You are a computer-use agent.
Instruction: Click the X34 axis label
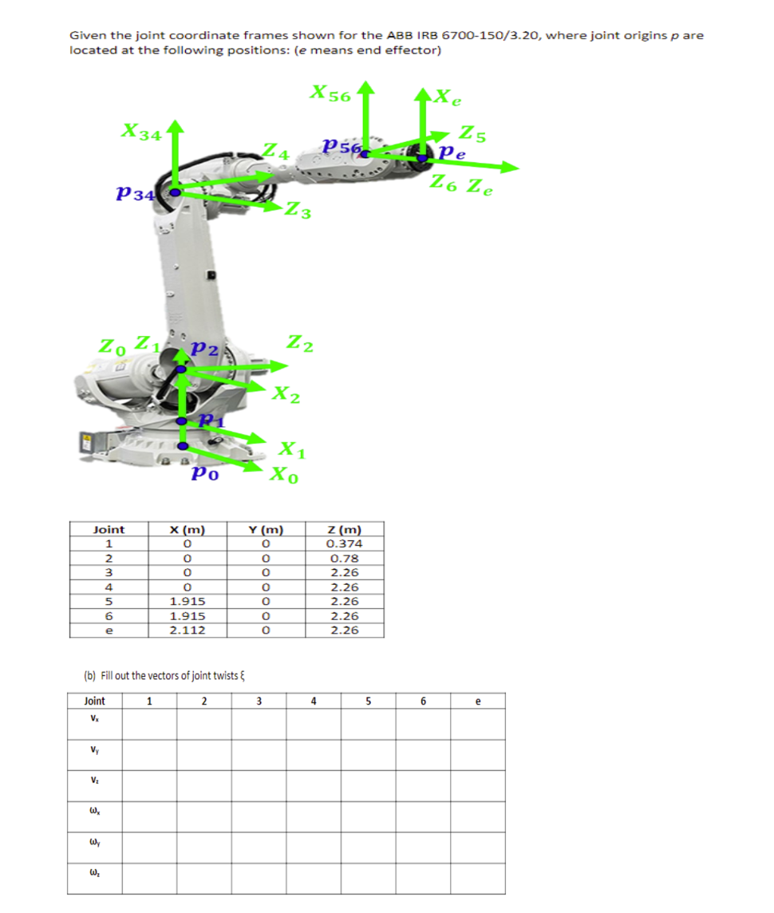(x=139, y=132)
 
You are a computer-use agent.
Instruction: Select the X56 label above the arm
(x=330, y=94)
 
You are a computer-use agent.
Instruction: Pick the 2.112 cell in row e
(x=188, y=630)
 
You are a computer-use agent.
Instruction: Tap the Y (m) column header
(x=266, y=529)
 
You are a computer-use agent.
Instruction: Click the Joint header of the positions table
(x=109, y=529)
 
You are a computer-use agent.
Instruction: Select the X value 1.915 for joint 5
(x=188, y=601)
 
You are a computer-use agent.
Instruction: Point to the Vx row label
(x=94, y=721)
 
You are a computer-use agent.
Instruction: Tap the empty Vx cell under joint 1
(x=149, y=723)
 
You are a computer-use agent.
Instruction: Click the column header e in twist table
(x=477, y=701)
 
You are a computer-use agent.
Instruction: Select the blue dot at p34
(x=174, y=192)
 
